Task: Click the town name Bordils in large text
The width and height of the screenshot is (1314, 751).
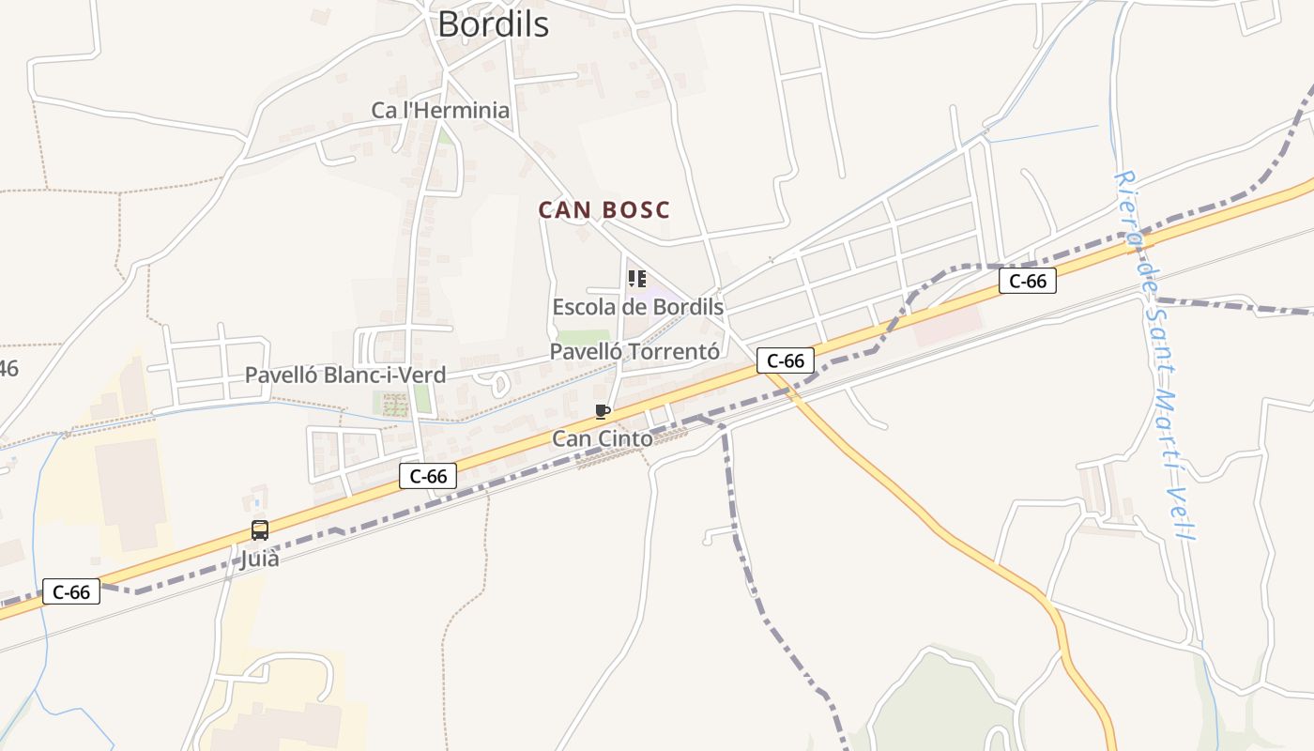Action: [x=493, y=24]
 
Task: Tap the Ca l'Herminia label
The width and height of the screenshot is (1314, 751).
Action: [x=440, y=110]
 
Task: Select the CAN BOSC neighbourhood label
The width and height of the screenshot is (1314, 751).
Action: [x=604, y=209]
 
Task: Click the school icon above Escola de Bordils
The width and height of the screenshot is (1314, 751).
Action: [x=636, y=279]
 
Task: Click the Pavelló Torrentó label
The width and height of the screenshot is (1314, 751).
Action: [x=634, y=351]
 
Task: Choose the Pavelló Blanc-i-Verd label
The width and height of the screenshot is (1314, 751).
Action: [x=344, y=375]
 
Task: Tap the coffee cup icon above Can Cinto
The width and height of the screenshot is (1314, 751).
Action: [x=603, y=412]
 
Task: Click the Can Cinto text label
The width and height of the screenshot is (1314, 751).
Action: [x=602, y=438]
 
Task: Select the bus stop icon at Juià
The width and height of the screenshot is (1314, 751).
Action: [x=260, y=530]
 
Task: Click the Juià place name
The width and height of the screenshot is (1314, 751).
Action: [x=260, y=559]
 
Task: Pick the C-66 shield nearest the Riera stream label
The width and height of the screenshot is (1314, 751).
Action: [x=1028, y=281]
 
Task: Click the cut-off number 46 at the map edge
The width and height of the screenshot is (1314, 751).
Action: [x=8, y=369]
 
